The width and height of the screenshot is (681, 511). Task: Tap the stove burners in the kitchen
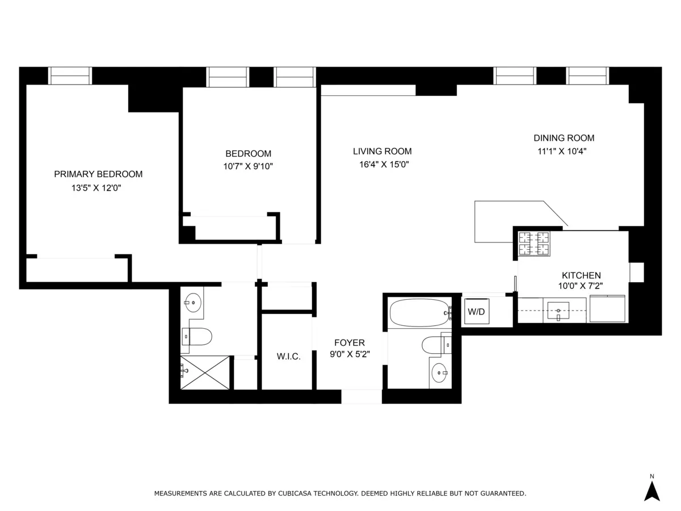tap(534, 244)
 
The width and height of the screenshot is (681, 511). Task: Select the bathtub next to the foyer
tap(419, 312)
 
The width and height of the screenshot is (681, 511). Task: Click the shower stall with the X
tap(205, 372)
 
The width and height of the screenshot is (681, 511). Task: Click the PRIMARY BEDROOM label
tap(98, 174)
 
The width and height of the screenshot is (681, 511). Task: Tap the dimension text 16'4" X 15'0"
tap(382, 165)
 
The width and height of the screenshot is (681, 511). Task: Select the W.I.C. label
tap(288, 357)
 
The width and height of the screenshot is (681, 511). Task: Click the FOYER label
tap(349, 343)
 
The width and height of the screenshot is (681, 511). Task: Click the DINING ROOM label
tap(564, 138)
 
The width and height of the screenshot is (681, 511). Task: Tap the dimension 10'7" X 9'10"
tap(248, 166)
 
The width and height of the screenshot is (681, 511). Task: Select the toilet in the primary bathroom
tap(197, 337)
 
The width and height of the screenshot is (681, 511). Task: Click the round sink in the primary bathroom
tap(193, 302)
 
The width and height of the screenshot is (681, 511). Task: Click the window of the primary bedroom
tap(70, 76)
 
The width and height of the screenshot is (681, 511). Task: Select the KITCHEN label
tap(581, 275)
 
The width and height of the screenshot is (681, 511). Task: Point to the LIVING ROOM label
tap(382, 152)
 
